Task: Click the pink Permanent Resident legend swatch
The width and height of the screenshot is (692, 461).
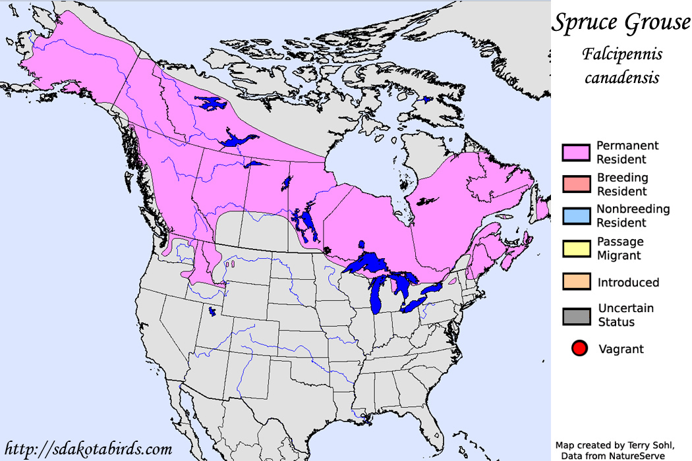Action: (575, 152)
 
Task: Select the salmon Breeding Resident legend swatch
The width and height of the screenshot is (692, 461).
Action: (575, 184)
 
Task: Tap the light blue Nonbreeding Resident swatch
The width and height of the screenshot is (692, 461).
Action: (575, 216)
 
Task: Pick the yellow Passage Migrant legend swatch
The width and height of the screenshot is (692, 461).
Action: (575, 248)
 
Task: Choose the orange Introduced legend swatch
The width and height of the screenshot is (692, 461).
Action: (575, 281)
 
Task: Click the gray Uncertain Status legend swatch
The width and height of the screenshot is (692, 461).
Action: (575, 315)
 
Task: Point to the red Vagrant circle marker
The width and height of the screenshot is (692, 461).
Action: (579, 349)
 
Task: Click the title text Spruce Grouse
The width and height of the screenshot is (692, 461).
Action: (620, 23)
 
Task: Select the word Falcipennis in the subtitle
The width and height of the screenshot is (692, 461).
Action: (621, 54)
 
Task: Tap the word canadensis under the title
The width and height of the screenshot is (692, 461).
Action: (621, 77)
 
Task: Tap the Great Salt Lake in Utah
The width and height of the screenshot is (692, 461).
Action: (212, 311)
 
